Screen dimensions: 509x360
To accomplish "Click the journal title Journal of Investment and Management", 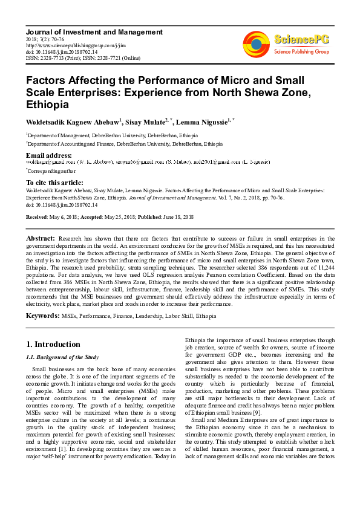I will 94,31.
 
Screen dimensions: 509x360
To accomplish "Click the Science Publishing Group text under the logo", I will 302,52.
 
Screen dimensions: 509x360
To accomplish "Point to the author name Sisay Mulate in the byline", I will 151,122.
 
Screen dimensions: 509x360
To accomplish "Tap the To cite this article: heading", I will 56,183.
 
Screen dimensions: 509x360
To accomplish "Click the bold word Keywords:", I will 42,316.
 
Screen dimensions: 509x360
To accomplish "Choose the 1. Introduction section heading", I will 53,345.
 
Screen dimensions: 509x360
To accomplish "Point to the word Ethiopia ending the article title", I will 47,105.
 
